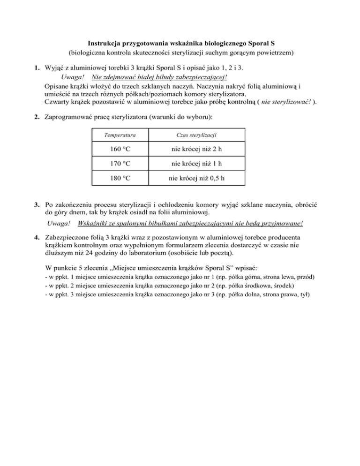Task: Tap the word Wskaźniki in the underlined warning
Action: point(96,224)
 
